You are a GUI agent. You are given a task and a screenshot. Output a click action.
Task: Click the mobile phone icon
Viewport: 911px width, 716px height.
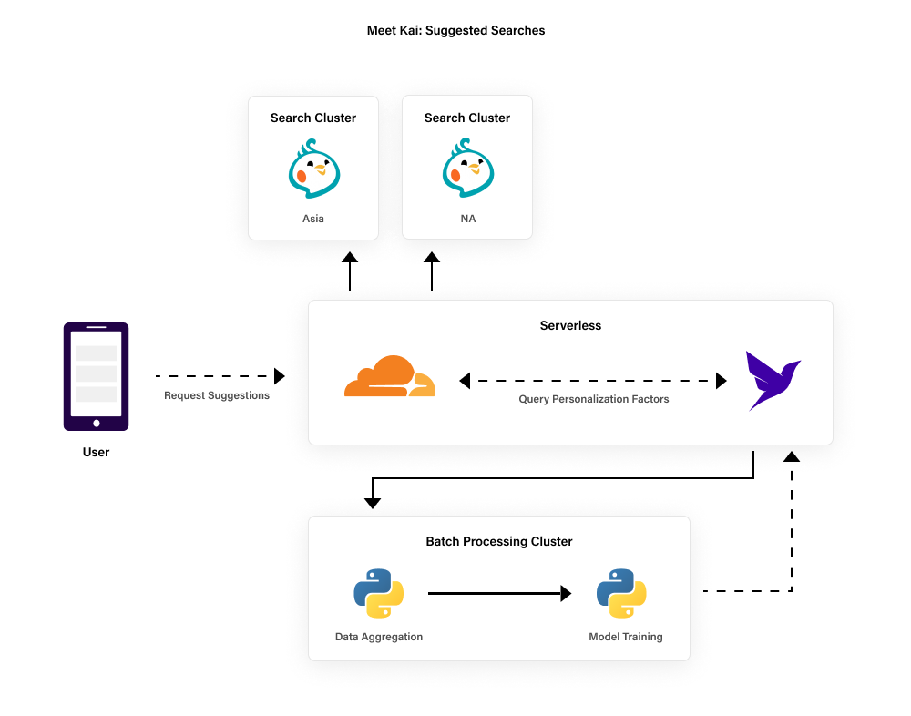point(96,375)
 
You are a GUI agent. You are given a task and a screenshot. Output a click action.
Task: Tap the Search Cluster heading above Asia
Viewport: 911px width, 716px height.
point(313,118)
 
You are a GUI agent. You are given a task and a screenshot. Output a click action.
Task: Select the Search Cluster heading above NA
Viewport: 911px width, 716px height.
point(467,118)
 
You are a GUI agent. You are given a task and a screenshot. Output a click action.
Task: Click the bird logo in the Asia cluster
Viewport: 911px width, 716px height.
point(314,169)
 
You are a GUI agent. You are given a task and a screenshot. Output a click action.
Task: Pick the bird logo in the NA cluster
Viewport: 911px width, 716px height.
point(468,169)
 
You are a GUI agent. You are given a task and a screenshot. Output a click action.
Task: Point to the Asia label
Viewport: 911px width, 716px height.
point(313,219)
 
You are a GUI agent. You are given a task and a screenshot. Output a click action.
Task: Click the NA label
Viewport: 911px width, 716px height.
point(467,219)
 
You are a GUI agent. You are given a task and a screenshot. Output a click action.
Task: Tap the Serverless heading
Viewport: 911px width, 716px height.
point(570,325)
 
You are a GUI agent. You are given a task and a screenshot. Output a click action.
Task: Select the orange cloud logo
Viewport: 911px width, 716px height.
point(390,376)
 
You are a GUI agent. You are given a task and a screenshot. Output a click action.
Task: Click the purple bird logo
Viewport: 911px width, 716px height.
point(772,379)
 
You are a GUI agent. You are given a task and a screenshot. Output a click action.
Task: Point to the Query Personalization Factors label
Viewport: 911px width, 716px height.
point(594,399)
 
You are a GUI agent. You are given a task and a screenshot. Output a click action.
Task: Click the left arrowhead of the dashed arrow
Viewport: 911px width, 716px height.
point(465,381)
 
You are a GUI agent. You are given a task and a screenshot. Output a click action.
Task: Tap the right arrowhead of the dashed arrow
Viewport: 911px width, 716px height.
point(722,381)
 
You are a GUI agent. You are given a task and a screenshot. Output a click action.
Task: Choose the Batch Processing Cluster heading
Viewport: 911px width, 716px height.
point(499,541)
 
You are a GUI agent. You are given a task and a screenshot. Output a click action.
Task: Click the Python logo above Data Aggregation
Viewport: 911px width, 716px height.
point(378,594)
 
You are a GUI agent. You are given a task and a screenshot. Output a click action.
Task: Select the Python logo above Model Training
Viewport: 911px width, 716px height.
point(621,594)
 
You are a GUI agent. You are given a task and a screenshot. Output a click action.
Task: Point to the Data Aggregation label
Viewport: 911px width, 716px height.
point(379,637)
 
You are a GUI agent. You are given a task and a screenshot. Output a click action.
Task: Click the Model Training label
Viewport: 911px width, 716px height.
point(626,637)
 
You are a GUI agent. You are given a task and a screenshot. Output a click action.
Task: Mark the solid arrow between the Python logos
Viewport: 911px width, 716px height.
point(499,594)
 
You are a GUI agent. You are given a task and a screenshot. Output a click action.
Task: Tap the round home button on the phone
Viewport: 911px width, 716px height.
point(97,423)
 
